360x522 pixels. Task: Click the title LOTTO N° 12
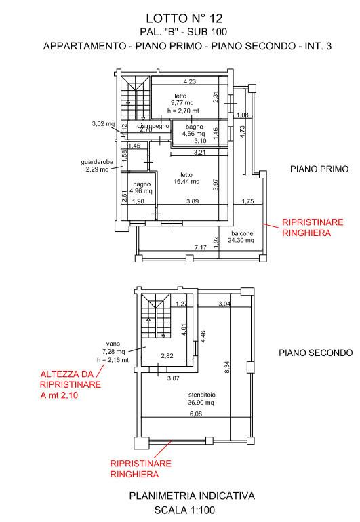(x=184, y=18)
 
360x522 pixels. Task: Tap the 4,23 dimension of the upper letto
(x=190, y=81)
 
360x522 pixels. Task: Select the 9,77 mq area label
(x=182, y=103)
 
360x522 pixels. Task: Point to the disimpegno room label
(x=153, y=126)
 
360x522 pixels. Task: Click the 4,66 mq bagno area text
(x=193, y=134)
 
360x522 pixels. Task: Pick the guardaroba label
(x=97, y=162)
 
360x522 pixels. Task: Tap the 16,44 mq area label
(x=186, y=182)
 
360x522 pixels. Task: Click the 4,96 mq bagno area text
(x=141, y=191)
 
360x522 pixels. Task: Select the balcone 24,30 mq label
(x=241, y=237)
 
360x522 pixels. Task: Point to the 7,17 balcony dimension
(x=201, y=247)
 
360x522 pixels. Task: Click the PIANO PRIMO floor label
(x=319, y=169)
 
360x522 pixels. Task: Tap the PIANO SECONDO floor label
(x=316, y=353)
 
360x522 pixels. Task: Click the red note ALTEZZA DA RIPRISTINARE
(x=71, y=379)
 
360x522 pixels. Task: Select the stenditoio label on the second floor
(x=202, y=395)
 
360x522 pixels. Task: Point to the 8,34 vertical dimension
(x=227, y=367)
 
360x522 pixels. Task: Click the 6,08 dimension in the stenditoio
(x=196, y=414)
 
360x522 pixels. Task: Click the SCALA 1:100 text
(x=184, y=510)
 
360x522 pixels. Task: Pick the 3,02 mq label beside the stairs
(x=103, y=124)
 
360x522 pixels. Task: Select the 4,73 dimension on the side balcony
(x=243, y=132)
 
